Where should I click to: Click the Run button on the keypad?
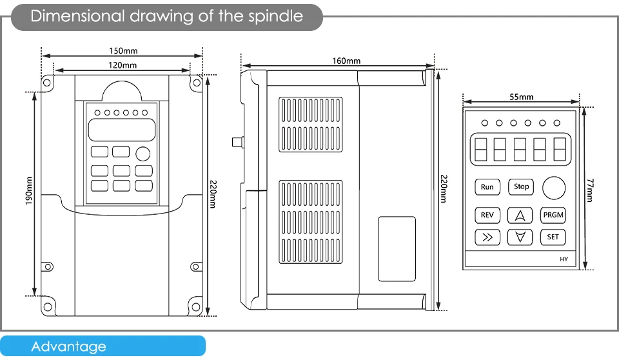pyautogui.click(x=487, y=187)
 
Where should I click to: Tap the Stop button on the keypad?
pyautogui.click(x=521, y=186)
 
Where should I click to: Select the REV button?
pyautogui.click(x=487, y=215)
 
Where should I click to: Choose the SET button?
pyautogui.click(x=553, y=237)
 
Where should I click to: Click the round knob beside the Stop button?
pyautogui.click(x=554, y=188)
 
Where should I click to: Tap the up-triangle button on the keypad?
pyautogui.click(x=520, y=215)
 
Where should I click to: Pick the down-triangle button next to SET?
pyautogui.click(x=520, y=237)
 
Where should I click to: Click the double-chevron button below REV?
pyautogui.click(x=487, y=237)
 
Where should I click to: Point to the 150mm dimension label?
pyautogui.click(x=123, y=51)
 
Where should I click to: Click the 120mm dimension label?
pyautogui.click(x=122, y=65)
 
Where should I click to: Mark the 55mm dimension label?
pyautogui.click(x=522, y=97)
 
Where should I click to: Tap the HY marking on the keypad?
pyautogui.click(x=563, y=259)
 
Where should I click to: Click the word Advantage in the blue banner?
pyautogui.click(x=68, y=346)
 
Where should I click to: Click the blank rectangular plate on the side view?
pyautogui.click(x=397, y=248)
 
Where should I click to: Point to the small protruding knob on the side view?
pyautogui.click(x=237, y=141)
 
